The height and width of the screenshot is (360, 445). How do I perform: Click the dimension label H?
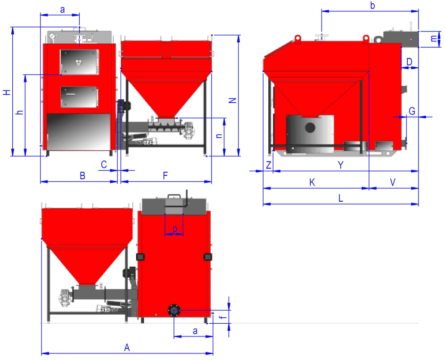coord(7,92)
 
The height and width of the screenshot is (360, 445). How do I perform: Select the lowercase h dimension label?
coord(19,112)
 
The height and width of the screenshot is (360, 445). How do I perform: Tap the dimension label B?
coord(82,176)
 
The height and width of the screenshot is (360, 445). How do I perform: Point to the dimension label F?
coord(165,176)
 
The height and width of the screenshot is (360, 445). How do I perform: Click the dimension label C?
coord(104,164)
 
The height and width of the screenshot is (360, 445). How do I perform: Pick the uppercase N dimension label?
coord(232,100)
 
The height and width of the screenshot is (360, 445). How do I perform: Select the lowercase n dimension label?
coord(219,136)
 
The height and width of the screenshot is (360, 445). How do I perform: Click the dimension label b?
coord(372,5)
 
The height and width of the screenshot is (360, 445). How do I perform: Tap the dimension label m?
coord(433,38)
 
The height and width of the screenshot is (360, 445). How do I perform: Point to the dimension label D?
coord(409,62)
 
